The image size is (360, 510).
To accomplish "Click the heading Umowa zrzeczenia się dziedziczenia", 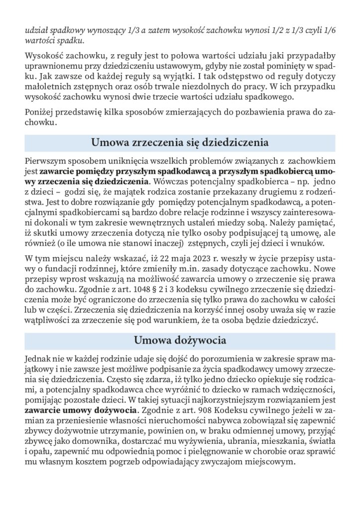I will (x=180, y=142).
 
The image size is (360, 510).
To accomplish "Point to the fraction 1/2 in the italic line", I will (x=263, y=29).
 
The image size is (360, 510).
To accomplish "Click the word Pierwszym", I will (x=46, y=161).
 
